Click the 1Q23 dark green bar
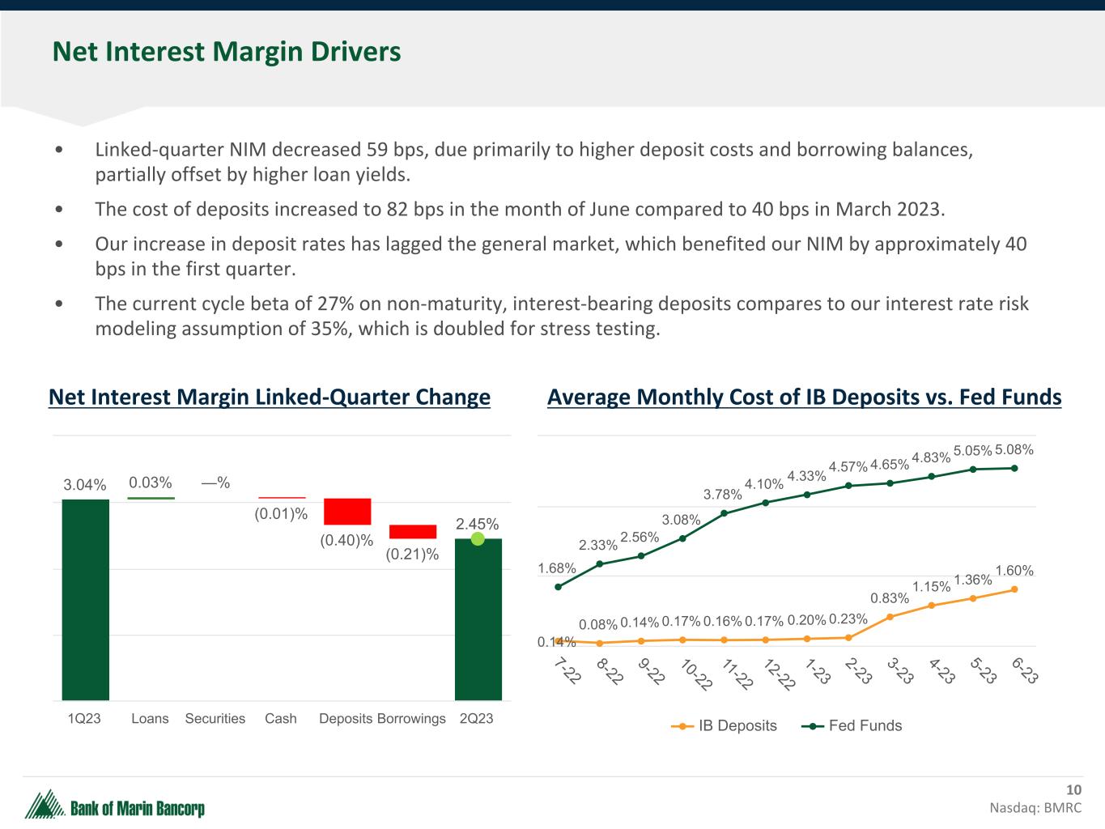coord(86,599)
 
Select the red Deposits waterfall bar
coord(347,512)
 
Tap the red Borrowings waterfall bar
coord(413,532)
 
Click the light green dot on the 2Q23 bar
coord(478,538)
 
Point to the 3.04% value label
coord(85,485)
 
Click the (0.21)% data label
coord(412,555)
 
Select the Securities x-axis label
coord(215,719)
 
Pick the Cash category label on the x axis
coord(281,719)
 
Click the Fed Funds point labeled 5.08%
coord(1014,468)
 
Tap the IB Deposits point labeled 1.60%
coord(1014,589)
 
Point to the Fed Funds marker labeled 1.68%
coord(558,587)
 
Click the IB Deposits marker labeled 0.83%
coord(890,617)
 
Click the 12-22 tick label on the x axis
coord(780,675)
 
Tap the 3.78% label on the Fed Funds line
coord(723,495)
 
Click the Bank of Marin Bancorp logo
coord(115,806)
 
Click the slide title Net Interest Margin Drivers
coord(227,52)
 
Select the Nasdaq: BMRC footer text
coord(1035,808)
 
